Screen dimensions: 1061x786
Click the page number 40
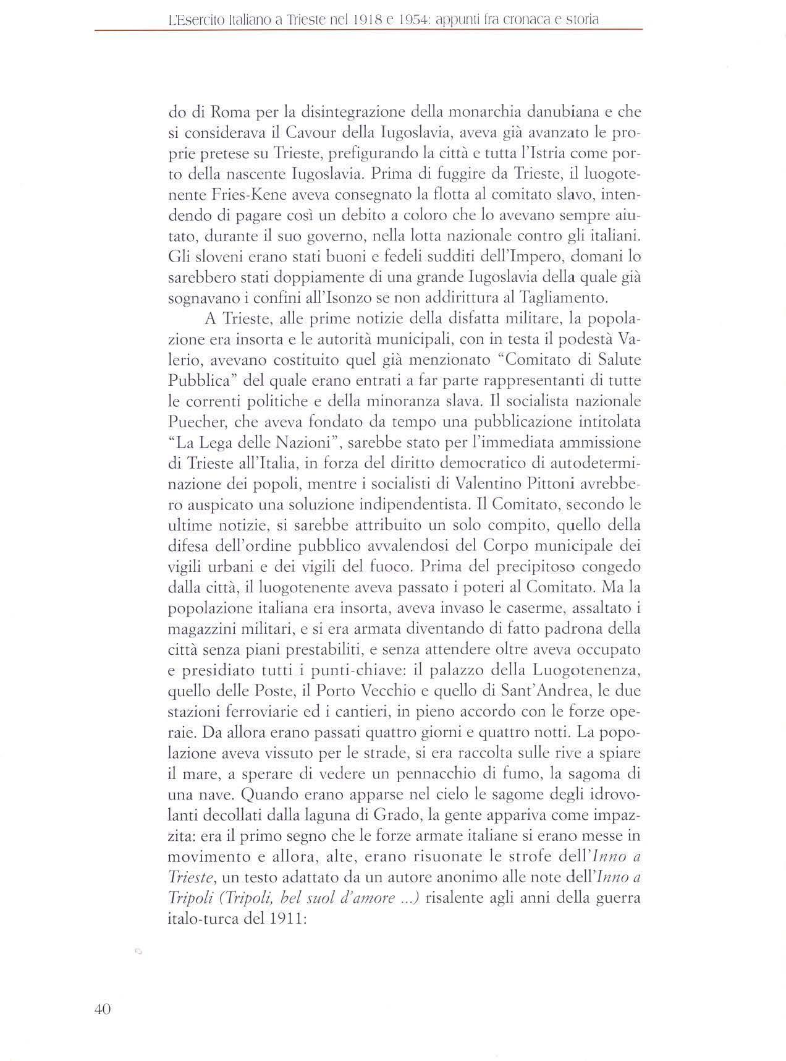click(x=102, y=1009)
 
